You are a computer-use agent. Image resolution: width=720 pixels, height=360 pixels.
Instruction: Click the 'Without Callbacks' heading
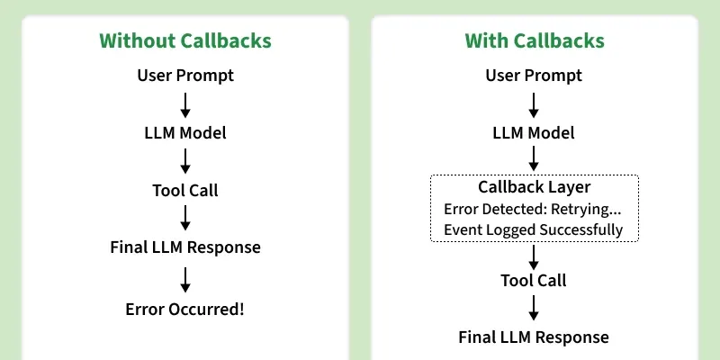point(184,40)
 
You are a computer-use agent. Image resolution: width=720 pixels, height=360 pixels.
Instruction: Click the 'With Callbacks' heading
point(534,40)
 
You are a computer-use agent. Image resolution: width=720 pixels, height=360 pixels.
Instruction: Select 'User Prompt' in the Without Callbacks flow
point(185,76)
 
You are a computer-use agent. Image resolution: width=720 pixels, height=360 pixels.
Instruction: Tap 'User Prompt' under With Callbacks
point(534,76)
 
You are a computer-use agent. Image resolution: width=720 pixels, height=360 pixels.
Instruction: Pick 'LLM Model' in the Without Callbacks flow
point(185,132)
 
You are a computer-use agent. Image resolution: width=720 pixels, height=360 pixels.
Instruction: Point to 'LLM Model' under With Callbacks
point(534,132)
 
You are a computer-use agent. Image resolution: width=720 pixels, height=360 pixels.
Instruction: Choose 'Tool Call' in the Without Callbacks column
point(185,190)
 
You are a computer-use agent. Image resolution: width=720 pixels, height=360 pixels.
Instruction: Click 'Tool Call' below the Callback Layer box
point(534,280)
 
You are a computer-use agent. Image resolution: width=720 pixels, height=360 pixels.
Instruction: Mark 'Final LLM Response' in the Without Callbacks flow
point(185,247)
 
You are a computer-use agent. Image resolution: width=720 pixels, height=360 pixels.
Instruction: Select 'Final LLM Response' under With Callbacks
point(534,337)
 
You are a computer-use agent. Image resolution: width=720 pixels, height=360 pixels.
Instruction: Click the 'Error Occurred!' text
point(185,309)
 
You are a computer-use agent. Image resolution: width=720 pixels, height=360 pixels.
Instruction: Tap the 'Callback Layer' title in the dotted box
point(534,188)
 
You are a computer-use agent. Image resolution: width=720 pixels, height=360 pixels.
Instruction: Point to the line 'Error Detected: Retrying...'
point(533,209)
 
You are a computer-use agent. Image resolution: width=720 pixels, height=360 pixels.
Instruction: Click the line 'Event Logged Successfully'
point(533,229)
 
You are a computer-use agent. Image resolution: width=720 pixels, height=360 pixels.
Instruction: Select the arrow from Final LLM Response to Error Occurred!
point(185,278)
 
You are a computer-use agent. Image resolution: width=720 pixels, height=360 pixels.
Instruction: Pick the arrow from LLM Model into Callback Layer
point(534,159)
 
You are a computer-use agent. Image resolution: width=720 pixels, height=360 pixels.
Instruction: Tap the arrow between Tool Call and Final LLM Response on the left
point(185,218)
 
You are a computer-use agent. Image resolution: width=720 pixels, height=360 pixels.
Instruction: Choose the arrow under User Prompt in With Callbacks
point(534,103)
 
